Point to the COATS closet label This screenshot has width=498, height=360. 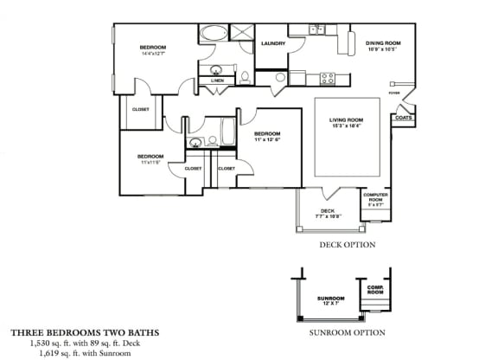[x=403, y=118]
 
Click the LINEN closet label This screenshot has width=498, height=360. [x=216, y=80]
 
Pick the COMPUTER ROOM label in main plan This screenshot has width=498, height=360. [x=373, y=199]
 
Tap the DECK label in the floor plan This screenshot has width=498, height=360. [x=328, y=210]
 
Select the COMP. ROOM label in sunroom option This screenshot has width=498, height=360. [x=375, y=290]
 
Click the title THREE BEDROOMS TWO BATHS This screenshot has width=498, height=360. [x=85, y=331]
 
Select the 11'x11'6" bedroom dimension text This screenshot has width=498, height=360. [x=150, y=161]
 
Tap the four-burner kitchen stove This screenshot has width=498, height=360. [x=328, y=78]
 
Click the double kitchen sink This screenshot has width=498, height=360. [x=316, y=29]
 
